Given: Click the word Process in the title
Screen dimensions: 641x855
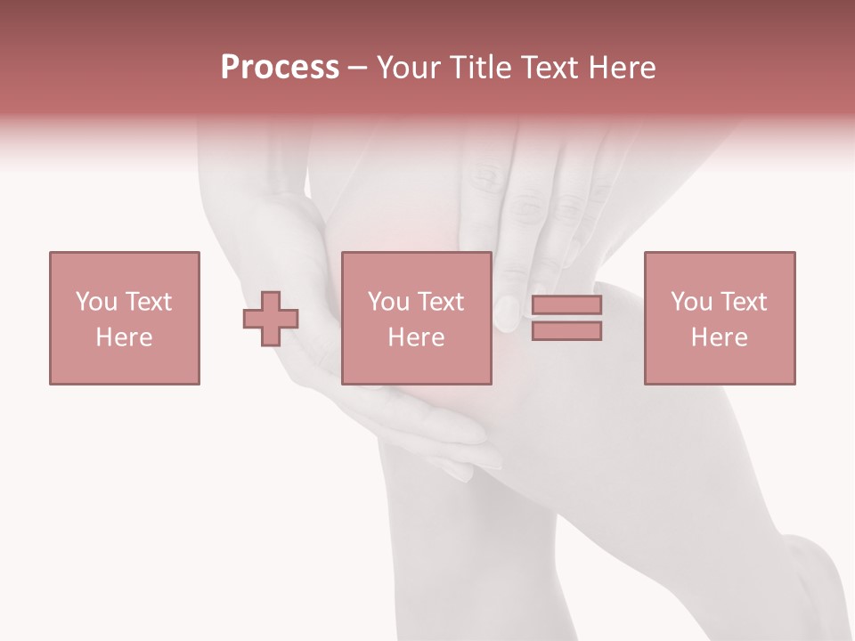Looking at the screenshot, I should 280,68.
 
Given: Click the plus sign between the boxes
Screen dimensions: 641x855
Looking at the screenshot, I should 271,319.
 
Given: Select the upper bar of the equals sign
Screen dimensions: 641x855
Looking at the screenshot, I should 566,304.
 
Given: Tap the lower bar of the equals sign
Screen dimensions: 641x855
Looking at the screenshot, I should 566,330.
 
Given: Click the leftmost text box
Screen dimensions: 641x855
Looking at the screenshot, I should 124,318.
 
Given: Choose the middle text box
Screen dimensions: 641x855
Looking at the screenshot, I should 416,318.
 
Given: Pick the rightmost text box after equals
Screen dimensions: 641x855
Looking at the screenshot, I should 719,318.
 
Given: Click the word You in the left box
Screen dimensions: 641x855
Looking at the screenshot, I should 95,302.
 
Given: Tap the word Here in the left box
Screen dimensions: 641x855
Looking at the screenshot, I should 124,337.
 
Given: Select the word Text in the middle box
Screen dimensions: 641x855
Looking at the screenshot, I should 441,302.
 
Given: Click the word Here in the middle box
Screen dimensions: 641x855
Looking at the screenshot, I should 416,337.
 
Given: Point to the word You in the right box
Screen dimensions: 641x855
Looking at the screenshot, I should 691,302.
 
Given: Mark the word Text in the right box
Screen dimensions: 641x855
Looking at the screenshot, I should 744,302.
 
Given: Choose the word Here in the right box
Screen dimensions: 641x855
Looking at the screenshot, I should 719,337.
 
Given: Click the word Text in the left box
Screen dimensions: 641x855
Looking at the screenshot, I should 148,302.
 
